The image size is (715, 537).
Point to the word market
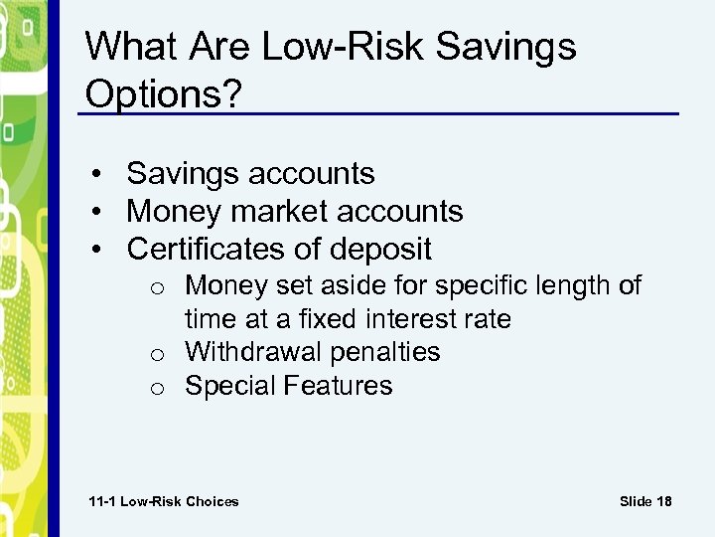(280, 212)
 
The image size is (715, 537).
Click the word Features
(341, 386)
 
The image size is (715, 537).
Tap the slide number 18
(663, 501)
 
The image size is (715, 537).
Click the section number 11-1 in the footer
(102, 501)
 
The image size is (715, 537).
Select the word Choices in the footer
(211, 501)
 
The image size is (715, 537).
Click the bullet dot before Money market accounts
(102, 213)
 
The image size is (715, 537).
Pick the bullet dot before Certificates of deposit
(102, 250)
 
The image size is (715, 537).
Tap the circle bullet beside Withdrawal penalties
(159, 354)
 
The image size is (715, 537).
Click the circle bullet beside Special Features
(159, 388)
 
